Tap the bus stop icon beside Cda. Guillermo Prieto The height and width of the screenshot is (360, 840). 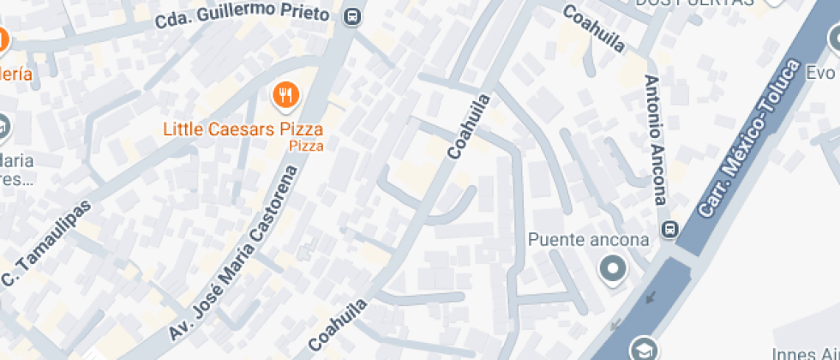tap(351, 16)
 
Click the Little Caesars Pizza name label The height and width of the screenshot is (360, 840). tap(243, 129)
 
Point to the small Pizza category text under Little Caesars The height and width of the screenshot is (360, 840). tap(306, 147)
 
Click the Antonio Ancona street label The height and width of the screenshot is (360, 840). tap(655, 140)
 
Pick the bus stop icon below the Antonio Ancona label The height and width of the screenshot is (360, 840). tap(669, 230)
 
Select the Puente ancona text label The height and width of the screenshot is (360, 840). tap(589, 239)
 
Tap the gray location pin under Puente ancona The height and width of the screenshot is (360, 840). tap(613, 270)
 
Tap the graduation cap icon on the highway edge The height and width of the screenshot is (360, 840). tap(643, 349)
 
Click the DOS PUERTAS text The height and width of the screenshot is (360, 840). tap(694, 3)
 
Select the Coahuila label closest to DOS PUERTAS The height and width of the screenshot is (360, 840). tap(593, 27)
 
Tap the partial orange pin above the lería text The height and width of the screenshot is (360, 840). tap(3, 40)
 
